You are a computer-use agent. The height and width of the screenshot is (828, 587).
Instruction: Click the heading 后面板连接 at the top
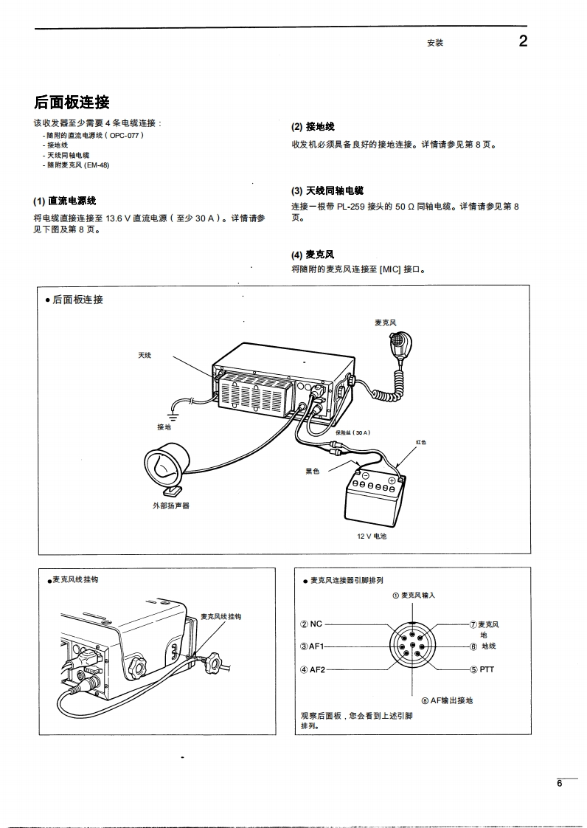pos(72,103)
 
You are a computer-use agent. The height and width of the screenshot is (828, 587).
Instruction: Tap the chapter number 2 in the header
pos(523,41)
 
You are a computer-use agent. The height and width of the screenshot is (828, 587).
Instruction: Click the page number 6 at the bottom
pos(559,784)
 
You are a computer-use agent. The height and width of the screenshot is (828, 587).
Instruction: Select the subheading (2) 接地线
pos(313,127)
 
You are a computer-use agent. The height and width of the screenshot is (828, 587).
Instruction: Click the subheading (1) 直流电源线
pos(65,201)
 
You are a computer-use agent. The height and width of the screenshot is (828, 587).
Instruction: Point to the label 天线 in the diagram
pos(145,356)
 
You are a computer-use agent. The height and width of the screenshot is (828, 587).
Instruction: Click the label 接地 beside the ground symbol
pos(164,427)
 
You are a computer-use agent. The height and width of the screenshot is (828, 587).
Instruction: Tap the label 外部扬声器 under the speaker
pos(171,506)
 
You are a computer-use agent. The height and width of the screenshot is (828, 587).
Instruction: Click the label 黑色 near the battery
pos(313,472)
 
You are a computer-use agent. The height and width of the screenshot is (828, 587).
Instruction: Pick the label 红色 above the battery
pos(421,442)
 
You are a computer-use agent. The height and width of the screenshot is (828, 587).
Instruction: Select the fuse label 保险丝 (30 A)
pos(352,432)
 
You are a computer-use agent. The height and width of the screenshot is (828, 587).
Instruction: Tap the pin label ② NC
pos(311,624)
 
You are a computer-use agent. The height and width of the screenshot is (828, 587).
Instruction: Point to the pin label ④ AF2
pos(312,669)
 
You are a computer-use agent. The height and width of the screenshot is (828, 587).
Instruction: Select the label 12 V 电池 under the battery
pos(372,537)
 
